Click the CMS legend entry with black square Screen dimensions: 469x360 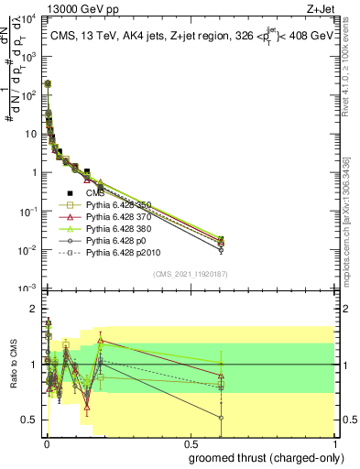click(x=95, y=193)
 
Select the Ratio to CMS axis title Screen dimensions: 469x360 click(x=15, y=365)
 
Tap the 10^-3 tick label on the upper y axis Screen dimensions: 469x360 click(x=27, y=288)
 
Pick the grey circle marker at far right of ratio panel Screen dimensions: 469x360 click(x=221, y=418)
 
